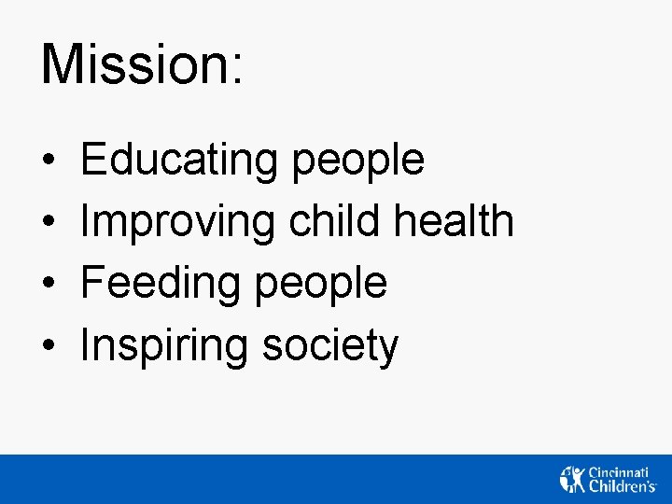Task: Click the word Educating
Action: [179, 161]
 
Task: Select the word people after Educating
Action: [357, 162]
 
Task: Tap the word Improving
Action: [177, 223]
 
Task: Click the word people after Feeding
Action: [321, 286]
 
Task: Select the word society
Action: [330, 347]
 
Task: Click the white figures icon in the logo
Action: [572, 479]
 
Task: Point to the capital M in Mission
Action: [61, 63]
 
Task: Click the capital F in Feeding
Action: [92, 283]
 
